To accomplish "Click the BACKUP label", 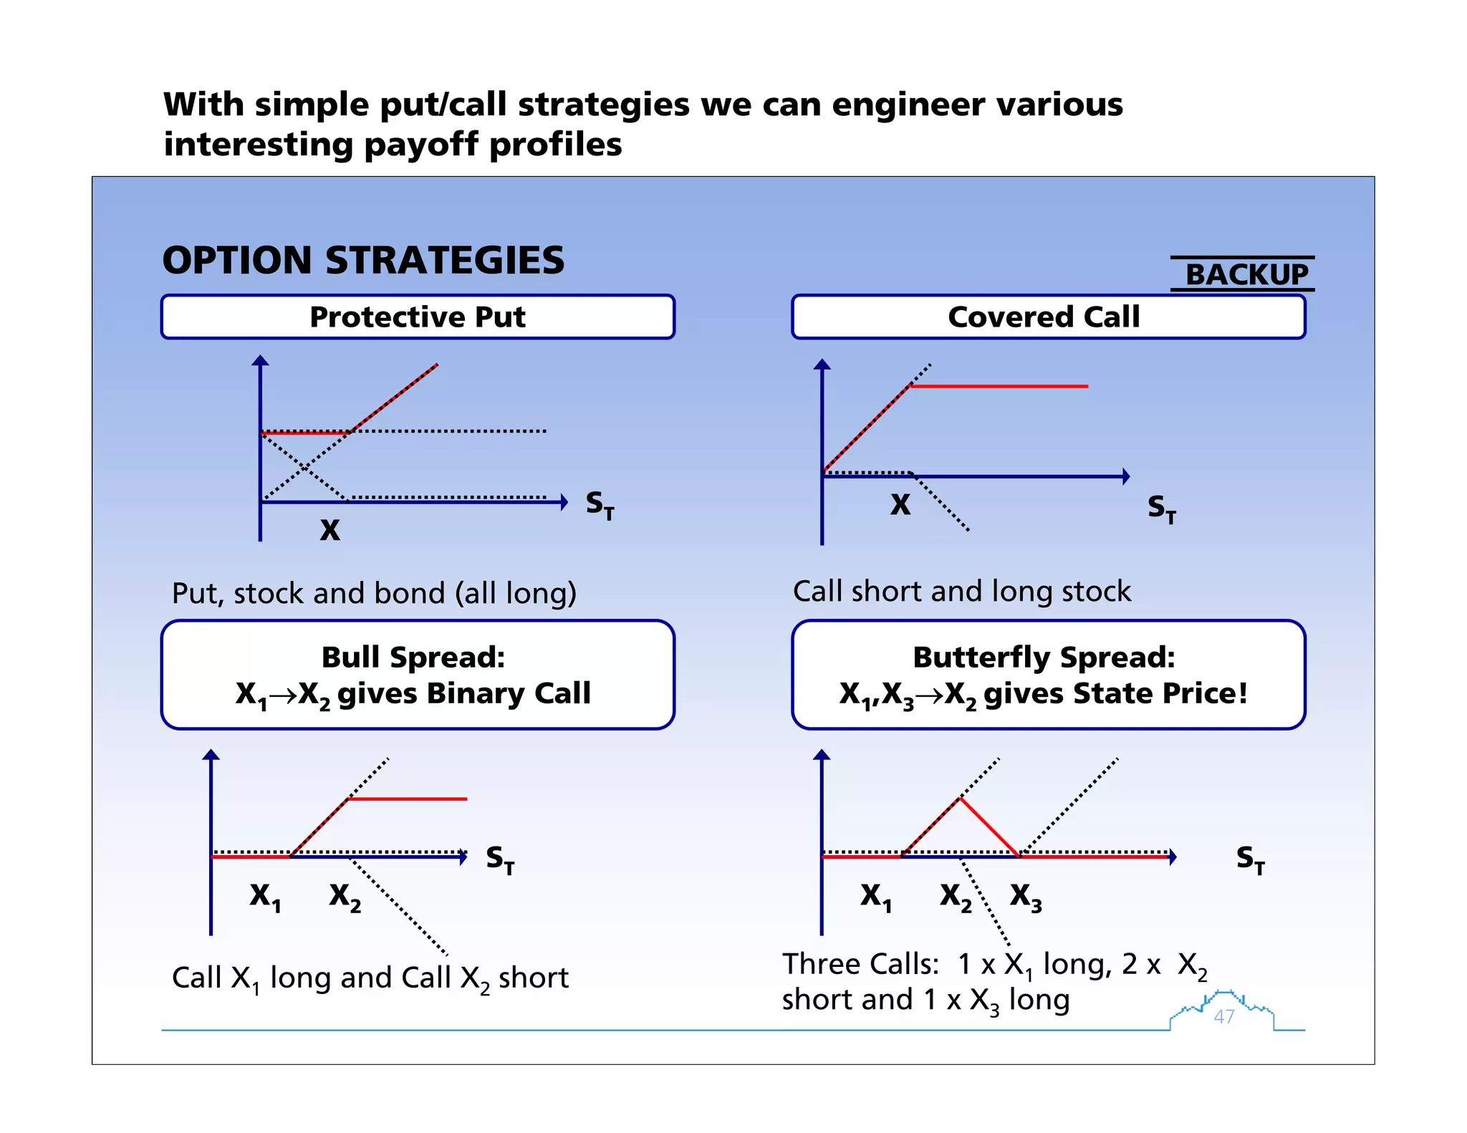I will [1246, 274].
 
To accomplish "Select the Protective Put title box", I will [418, 317].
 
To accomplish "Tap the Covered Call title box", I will [1048, 317].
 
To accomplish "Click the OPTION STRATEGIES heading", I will [363, 260].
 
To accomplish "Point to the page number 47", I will [1224, 1016].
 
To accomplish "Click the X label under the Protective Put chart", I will [330, 530].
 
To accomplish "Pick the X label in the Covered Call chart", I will [900, 505].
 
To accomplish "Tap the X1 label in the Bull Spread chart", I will [265, 896].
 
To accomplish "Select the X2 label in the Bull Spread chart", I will [345, 896].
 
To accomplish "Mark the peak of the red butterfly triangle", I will [960, 799].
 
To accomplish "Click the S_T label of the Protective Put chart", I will [600, 505].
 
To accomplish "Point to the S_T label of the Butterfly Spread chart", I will [1251, 859].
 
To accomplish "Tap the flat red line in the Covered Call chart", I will [999, 386].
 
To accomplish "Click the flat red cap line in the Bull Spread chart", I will [407, 799].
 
